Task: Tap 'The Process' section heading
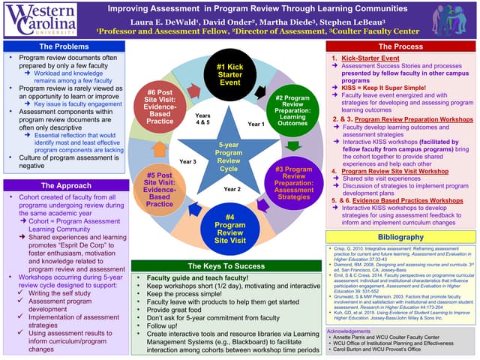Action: [401, 46]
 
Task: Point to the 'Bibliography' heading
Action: [401, 237]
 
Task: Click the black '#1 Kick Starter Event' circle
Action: [229, 74]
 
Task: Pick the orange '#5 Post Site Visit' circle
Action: [159, 187]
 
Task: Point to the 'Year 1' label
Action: [256, 124]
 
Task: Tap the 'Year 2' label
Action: [232, 189]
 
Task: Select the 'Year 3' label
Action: [187, 161]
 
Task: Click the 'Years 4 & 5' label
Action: [202, 119]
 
